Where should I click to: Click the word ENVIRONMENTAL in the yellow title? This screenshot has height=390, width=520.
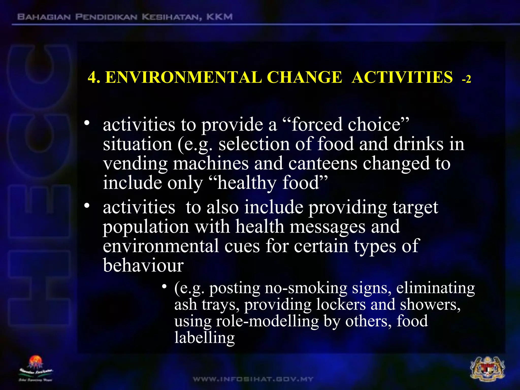(x=183, y=77)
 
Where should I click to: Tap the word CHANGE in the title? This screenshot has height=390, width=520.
(x=304, y=77)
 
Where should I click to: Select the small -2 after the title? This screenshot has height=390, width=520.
(x=466, y=79)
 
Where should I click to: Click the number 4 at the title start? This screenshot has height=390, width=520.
(x=92, y=77)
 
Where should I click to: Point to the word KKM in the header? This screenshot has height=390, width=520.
(x=219, y=17)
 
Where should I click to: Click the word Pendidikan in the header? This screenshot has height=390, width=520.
(x=106, y=17)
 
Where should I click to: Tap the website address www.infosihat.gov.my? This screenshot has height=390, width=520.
(x=253, y=379)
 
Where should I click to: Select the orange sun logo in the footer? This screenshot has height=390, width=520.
(x=36, y=362)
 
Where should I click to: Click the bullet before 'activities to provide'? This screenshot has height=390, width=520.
(x=87, y=123)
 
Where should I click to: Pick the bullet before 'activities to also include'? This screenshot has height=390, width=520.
(x=87, y=205)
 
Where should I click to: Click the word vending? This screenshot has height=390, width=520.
(x=135, y=164)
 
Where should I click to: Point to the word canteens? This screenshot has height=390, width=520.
(x=323, y=163)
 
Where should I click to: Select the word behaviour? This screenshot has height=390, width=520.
(x=143, y=265)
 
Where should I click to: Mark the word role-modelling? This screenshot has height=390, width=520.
(x=267, y=321)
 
